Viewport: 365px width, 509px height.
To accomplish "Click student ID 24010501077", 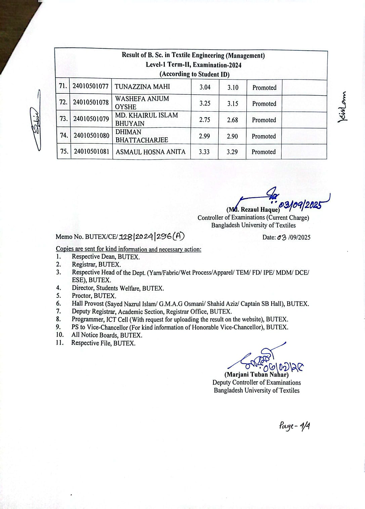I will [x=90, y=86].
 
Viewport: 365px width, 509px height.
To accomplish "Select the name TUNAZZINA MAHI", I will [x=142, y=87].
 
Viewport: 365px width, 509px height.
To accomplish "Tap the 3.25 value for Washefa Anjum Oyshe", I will [x=205, y=103].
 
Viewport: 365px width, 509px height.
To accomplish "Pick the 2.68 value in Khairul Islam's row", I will [x=232, y=120].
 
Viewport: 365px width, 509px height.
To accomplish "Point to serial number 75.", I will [x=64, y=151].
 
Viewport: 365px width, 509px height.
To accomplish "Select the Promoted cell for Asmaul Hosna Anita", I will [x=263, y=152].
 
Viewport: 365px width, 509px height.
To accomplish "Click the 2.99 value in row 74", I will [x=204, y=136].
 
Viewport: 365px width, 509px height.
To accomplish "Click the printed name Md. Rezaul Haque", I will [x=253, y=210].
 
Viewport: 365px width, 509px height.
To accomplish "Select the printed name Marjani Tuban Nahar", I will [x=256, y=375].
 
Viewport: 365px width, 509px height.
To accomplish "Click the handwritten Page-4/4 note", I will [x=294, y=426].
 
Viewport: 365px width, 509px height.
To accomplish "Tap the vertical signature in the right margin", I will [x=343, y=107].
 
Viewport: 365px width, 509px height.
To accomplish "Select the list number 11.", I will [x=59, y=343].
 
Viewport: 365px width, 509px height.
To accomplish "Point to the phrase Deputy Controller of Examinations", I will [x=256, y=382].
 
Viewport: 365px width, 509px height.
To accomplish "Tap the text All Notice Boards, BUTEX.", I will [x=107, y=335].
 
